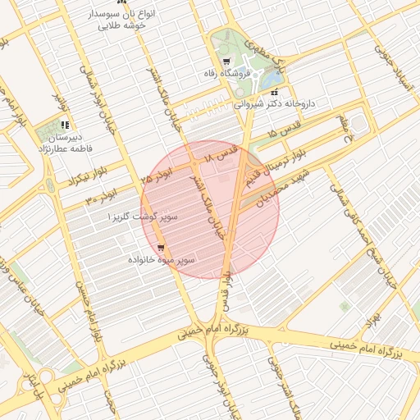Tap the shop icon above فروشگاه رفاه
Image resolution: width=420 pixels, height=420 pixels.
pyautogui.click(x=226, y=62)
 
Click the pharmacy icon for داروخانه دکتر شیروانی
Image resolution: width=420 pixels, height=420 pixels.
pyautogui.click(x=274, y=92)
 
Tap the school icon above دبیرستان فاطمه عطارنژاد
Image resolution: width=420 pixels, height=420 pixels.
pyautogui.click(x=64, y=126)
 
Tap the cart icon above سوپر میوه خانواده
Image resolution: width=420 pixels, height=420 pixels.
pyautogui.click(x=161, y=247)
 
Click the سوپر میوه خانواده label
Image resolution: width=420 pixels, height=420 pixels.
pyautogui.click(x=161, y=259)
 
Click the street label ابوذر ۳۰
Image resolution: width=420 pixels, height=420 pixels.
pyautogui.click(x=101, y=197)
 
